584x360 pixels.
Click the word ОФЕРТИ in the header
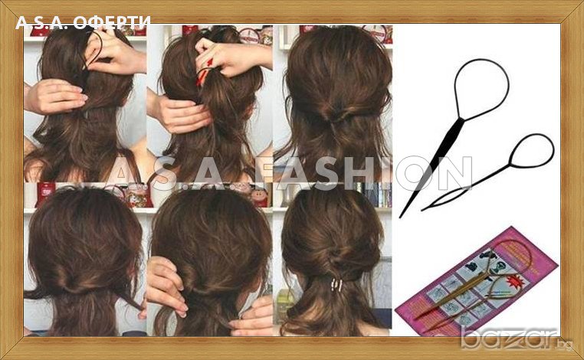click(111, 22)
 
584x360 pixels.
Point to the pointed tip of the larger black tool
click(400, 217)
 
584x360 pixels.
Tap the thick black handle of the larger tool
click(439, 155)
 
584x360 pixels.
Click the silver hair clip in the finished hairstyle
click(336, 285)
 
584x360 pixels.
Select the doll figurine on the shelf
click(261, 196)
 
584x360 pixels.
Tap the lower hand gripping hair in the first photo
click(56, 97)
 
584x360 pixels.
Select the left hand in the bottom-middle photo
click(166, 286)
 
